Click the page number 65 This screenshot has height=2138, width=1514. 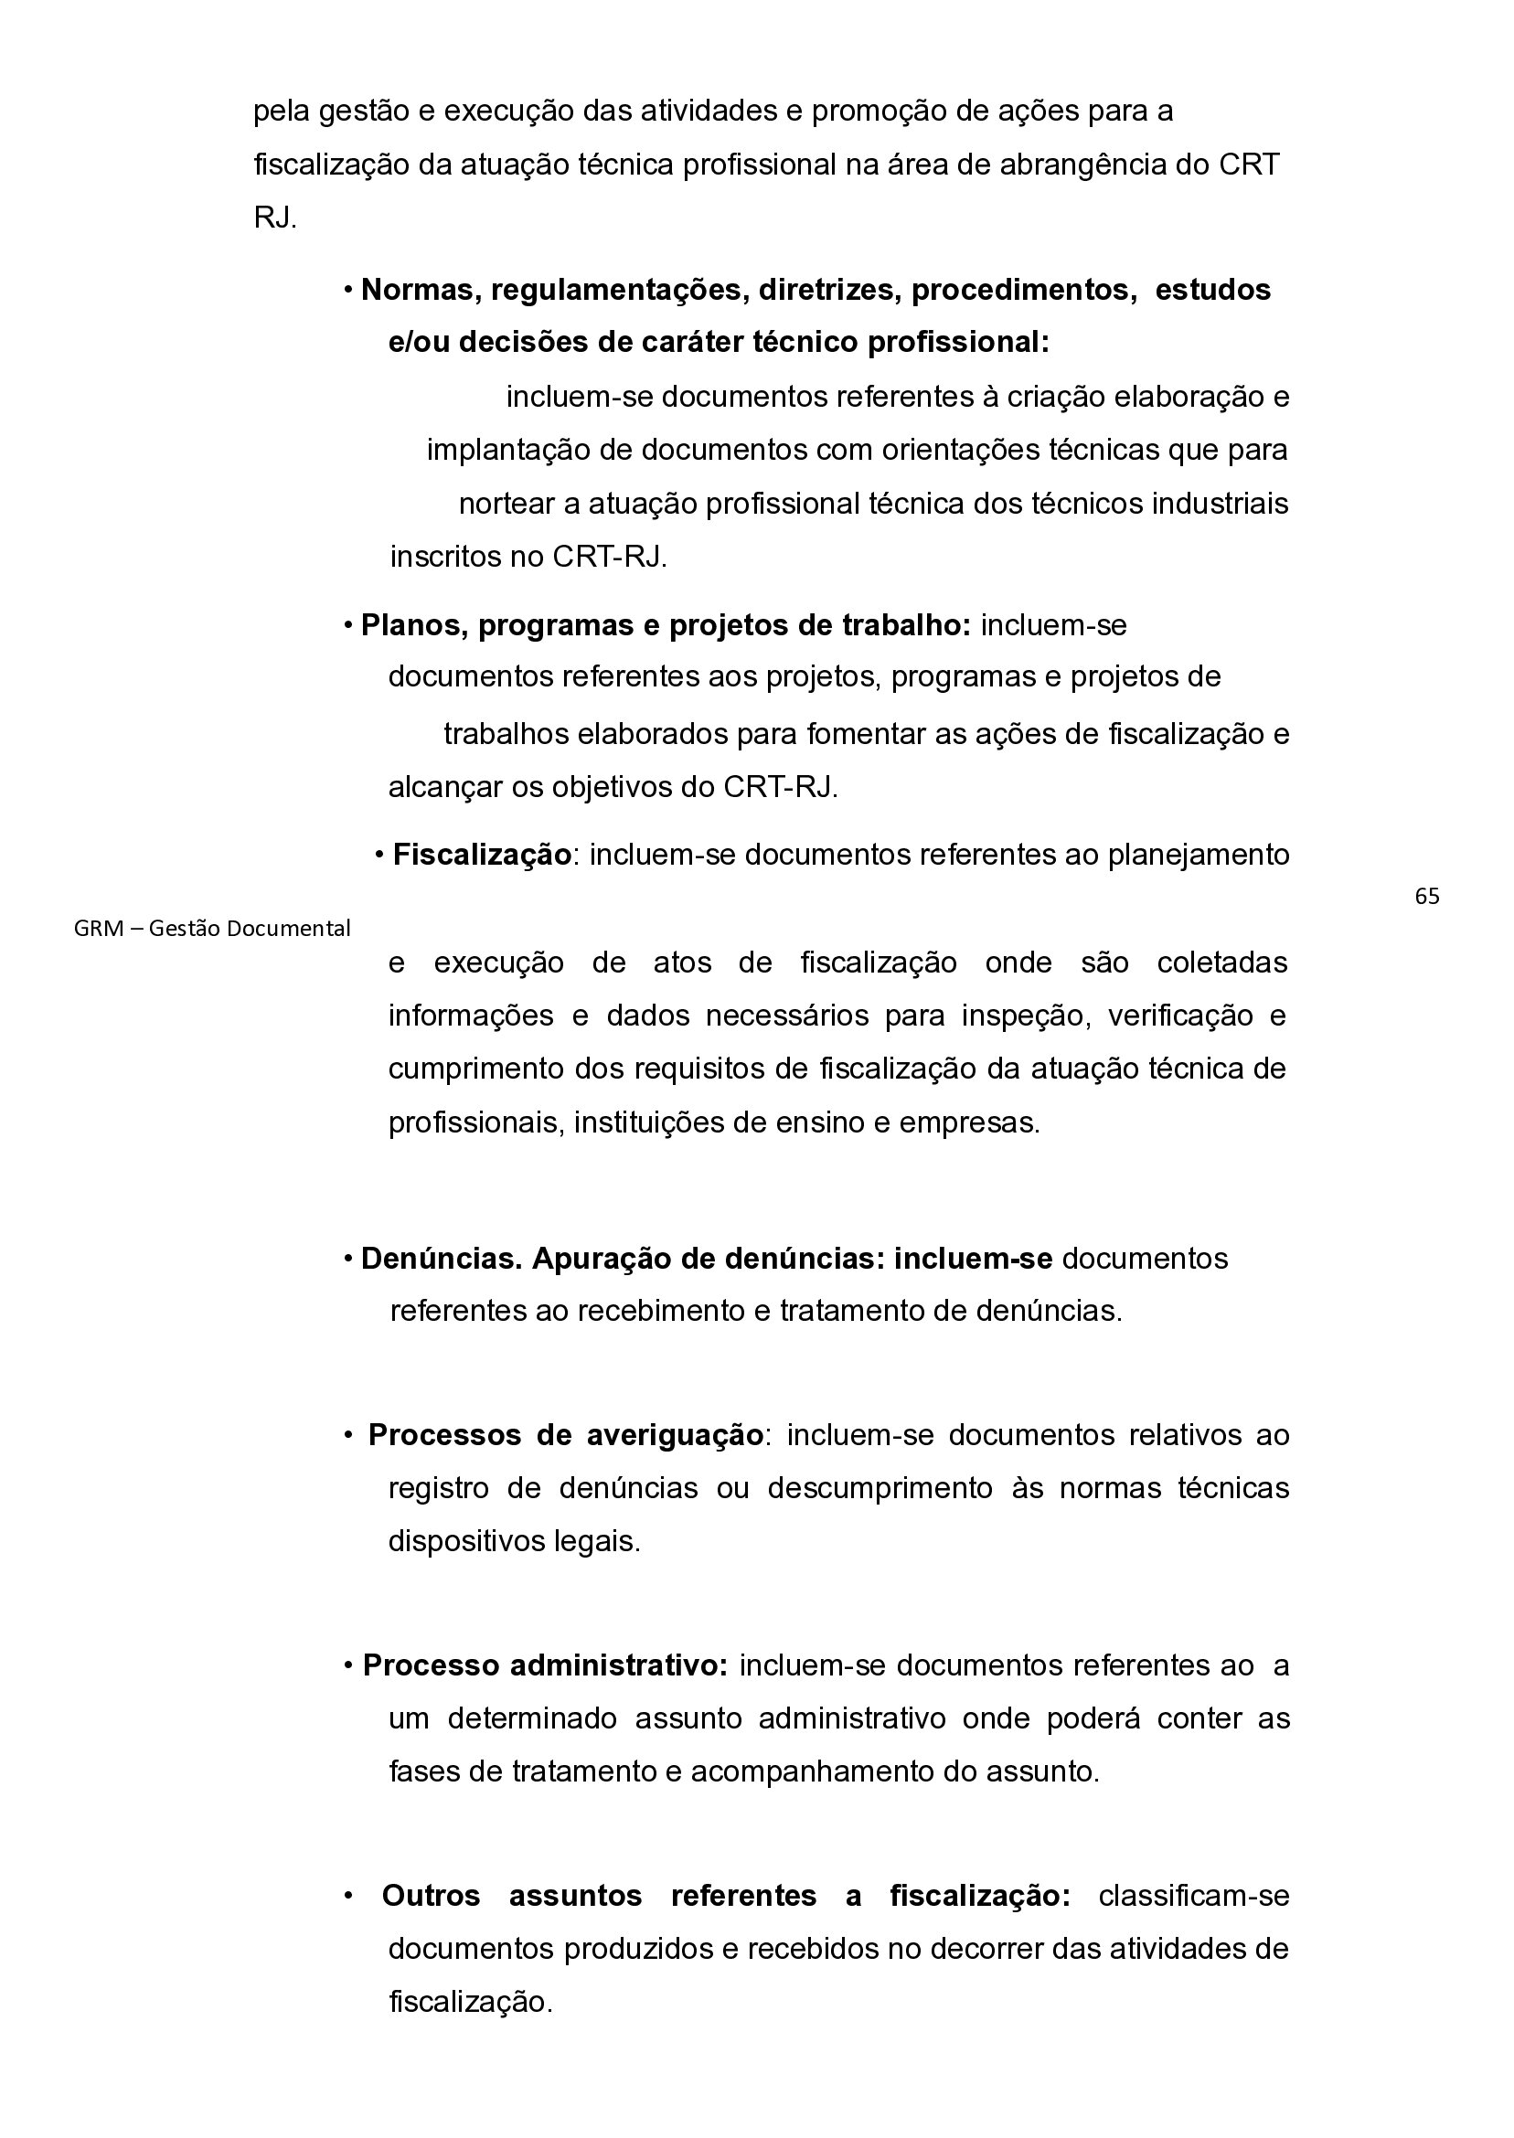pos(1426,897)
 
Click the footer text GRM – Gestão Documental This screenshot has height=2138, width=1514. pos(211,929)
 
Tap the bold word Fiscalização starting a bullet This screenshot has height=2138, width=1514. pos(481,855)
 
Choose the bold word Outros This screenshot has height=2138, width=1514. pos(431,1896)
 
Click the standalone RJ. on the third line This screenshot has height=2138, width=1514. pos(275,218)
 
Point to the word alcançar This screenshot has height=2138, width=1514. pos(444,788)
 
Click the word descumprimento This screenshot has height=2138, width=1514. pos(880,1488)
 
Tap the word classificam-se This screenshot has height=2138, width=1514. pos(1193,1896)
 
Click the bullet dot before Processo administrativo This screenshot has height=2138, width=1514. pos(347,1665)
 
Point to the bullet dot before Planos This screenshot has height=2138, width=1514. pos(347,625)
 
